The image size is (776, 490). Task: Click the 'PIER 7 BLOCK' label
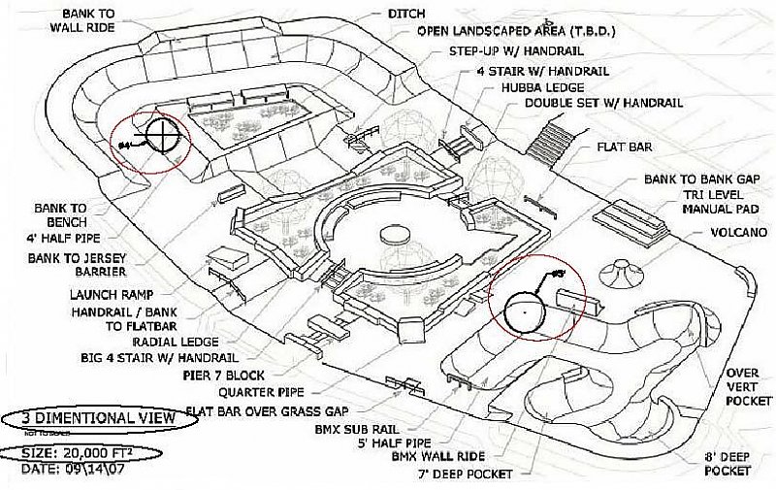(224, 375)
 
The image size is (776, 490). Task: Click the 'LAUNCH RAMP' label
(109, 294)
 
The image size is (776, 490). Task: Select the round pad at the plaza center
(395, 235)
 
